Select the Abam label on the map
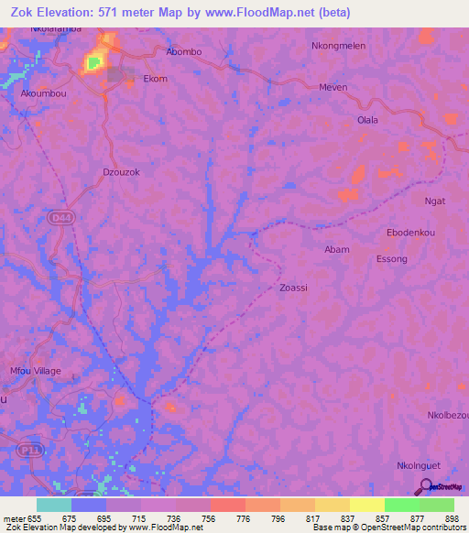point(337,249)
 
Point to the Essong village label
point(392,259)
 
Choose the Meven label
point(333,87)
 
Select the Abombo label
point(184,51)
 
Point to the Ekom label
point(156,79)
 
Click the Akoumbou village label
point(42,92)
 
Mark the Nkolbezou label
point(447,416)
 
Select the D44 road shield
point(57,216)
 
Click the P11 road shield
point(27,450)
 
